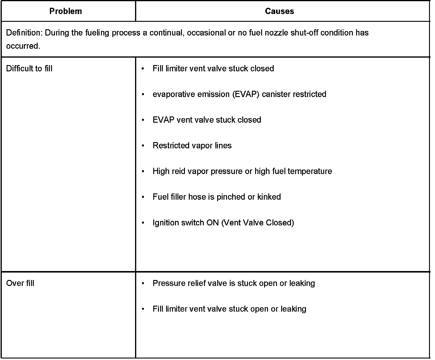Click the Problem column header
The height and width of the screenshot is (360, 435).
(65, 11)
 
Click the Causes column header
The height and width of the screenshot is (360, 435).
(279, 11)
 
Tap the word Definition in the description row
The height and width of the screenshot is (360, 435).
(24, 33)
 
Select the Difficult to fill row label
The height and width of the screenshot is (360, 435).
(29, 69)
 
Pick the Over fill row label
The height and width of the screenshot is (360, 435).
(20, 283)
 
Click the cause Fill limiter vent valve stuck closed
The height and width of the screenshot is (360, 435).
(213, 69)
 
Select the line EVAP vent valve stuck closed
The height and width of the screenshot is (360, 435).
(207, 120)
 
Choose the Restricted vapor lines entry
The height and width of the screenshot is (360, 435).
(192, 146)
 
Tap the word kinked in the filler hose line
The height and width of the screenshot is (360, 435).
(269, 197)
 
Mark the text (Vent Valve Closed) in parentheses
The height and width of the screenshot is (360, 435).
(258, 223)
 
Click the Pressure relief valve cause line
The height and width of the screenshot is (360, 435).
(234, 283)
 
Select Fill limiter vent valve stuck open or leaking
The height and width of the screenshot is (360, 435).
(229, 309)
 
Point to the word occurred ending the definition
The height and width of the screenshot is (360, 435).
(23, 46)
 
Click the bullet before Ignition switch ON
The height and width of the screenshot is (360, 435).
(143, 223)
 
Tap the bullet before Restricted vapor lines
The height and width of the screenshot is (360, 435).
(143, 146)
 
